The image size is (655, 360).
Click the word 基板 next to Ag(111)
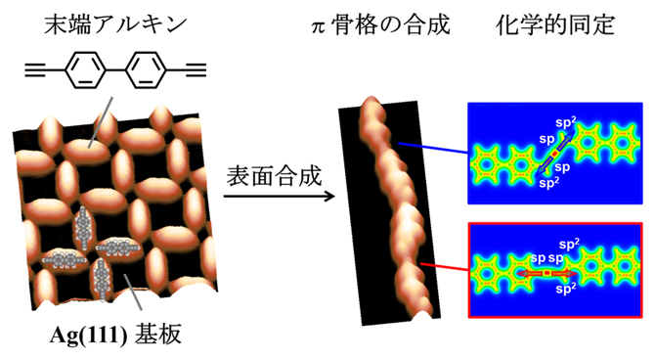point(155,337)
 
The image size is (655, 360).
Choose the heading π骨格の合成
point(376,23)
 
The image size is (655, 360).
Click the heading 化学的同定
point(554,23)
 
